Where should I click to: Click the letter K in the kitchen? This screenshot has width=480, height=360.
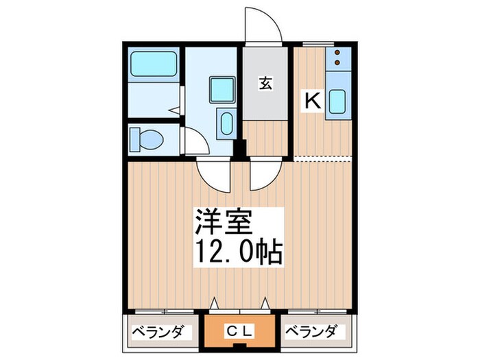coord(312,101)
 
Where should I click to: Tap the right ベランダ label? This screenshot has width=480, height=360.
coord(312,333)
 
